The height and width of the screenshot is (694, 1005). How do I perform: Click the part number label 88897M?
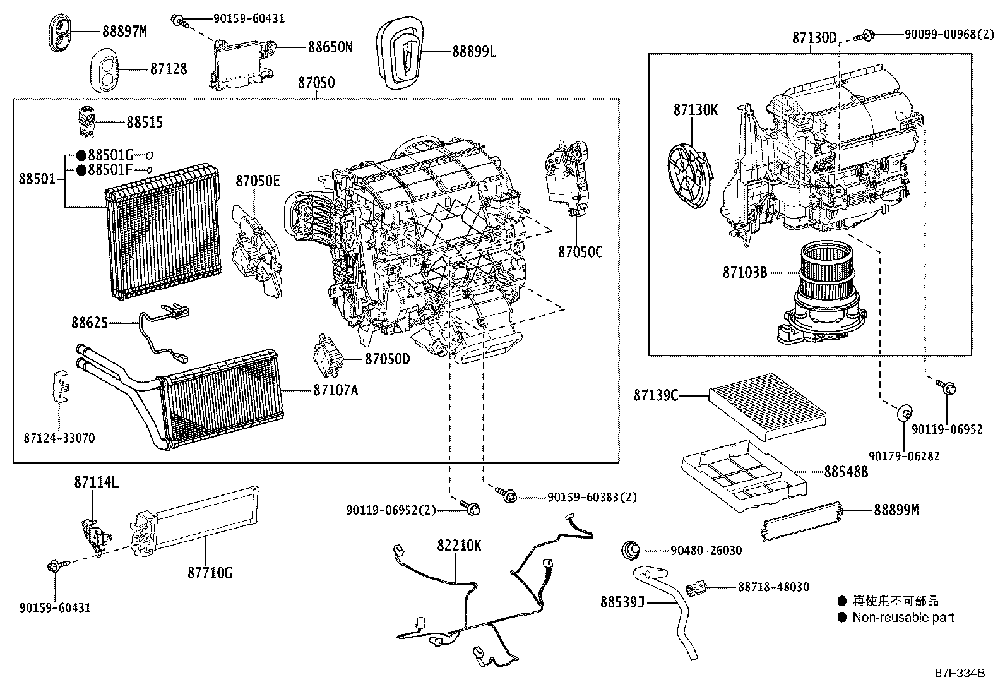coord(125,32)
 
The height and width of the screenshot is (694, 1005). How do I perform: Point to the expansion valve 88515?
coord(86,121)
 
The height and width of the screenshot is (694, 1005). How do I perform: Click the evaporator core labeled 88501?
coord(164,232)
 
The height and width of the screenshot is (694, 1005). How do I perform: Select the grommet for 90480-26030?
coord(631,551)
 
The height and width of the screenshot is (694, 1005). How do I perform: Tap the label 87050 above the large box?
coord(316,83)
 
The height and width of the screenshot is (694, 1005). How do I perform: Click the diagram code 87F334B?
coord(960,673)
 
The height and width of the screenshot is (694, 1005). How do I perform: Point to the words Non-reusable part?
coord(903,618)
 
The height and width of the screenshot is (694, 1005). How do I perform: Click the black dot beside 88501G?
coord(81,155)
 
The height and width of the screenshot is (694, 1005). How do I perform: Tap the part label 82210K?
coord(459,546)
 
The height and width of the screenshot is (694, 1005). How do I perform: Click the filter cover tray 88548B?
coord(744,476)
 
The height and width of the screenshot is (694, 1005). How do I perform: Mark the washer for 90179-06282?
coord(905,412)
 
